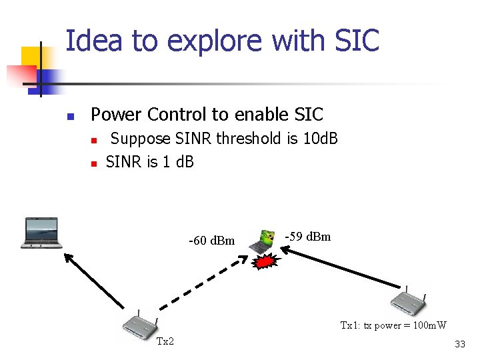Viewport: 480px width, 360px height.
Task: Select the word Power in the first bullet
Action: pyautogui.click(x=114, y=115)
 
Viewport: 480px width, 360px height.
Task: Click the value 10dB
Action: pyautogui.click(x=319, y=139)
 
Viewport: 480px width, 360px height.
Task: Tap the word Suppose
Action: pyautogui.click(x=140, y=139)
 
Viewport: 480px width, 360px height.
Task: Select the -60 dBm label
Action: pyautogui.click(x=212, y=241)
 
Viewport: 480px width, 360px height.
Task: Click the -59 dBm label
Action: pyautogui.click(x=307, y=237)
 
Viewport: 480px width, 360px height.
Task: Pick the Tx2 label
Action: pyautogui.click(x=165, y=342)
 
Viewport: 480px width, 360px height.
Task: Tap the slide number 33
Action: pyautogui.click(x=459, y=344)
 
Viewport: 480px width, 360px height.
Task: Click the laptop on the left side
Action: pyautogui.click(x=41, y=233)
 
